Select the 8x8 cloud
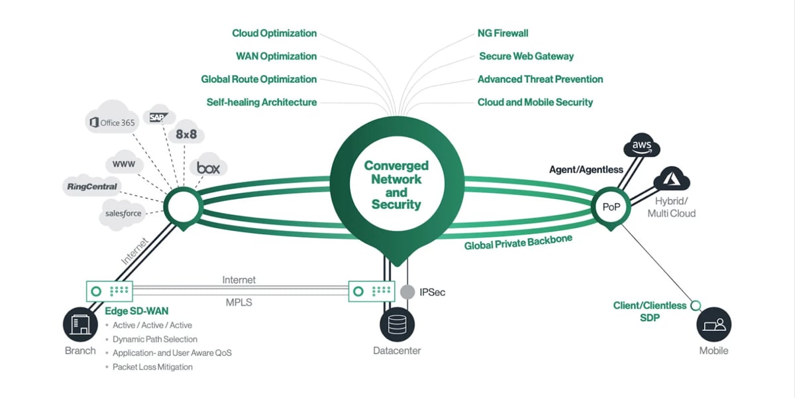[x=185, y=134]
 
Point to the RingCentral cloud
[x=92, y=186]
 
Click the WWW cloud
[x=125, y=163]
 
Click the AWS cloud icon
[x=642, y=145]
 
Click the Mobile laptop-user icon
[x=714, y=325]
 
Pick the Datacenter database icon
[x=397, y=325]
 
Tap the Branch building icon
[x=80, y=325]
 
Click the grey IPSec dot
[x=408, y=291]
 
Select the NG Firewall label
[x=502, y=33]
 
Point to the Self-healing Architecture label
[x=262, y=102]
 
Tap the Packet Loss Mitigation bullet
[x=152, y=367]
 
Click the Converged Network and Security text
[x=396, y=185]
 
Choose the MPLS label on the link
[x=238, y=302]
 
